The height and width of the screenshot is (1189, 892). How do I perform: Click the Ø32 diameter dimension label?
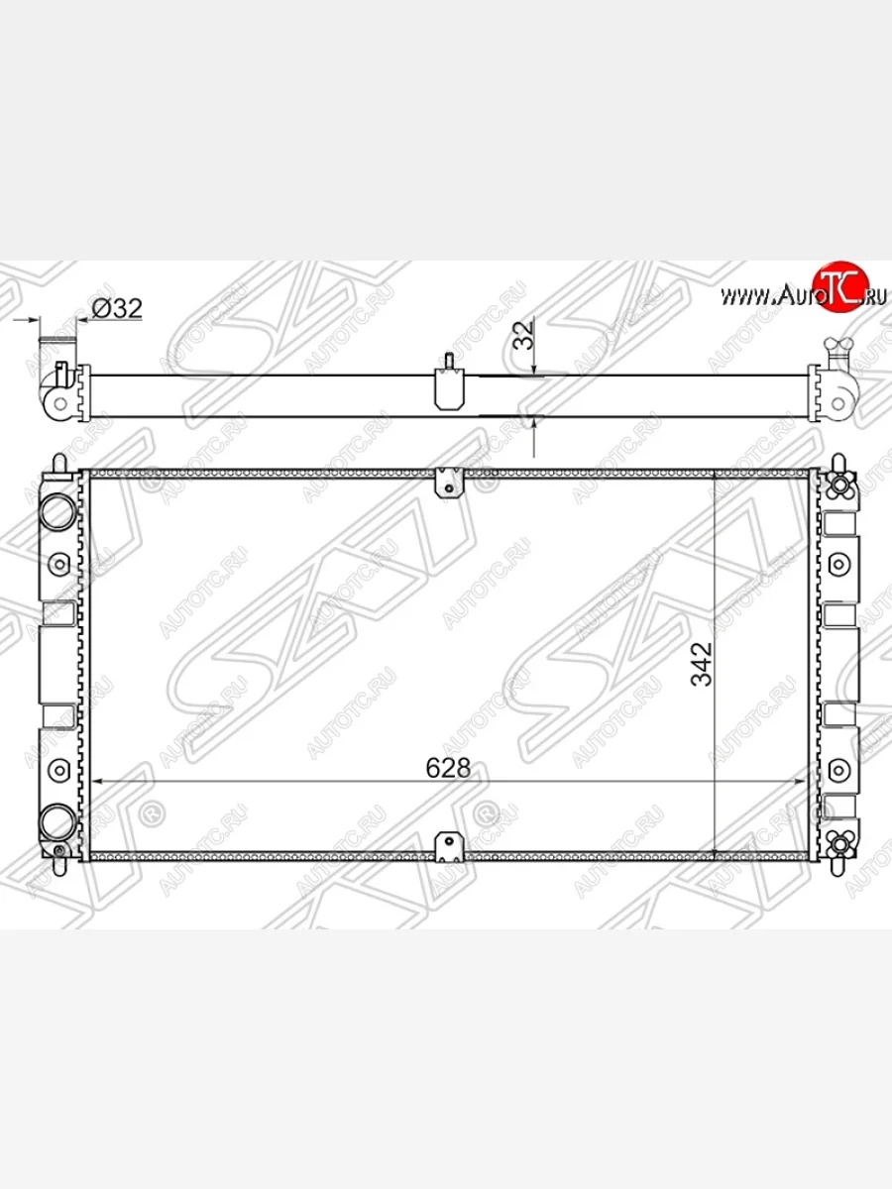[117, 309]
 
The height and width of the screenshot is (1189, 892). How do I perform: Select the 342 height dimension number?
[702, 665]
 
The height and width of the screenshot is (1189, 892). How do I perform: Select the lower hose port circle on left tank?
[57, 822]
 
